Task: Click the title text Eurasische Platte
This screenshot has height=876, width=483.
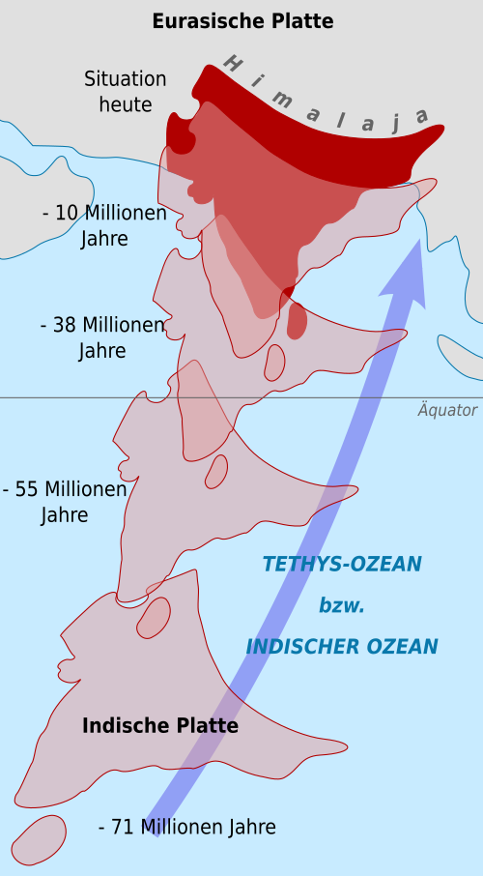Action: click(x=241, y=21)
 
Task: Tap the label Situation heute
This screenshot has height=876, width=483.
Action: click(x=125, y=92)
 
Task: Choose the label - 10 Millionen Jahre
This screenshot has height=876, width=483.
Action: click(x=104, y=225)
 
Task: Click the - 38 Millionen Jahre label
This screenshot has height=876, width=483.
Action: click(x=102, y=337)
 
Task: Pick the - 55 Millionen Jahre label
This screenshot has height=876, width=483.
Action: click(x=65, y=502)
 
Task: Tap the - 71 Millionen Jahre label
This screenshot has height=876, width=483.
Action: click(x=187, y=828)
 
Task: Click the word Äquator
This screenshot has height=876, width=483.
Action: click(x=447, y=410)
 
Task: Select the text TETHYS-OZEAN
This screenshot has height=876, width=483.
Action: click(x=342, y=564)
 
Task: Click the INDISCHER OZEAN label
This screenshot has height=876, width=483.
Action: click(x=342, y=646)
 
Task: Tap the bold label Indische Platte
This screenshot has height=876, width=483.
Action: click(x=160, y=725)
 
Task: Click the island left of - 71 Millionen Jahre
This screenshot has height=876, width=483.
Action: click(x=39, y=840)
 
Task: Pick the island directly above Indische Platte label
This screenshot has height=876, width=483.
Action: click(x=153, y=617)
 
